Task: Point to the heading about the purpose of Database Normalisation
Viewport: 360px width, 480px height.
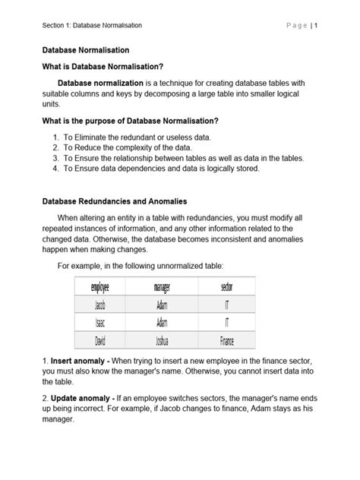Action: pos(130,122)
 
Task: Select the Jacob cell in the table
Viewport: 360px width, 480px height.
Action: pos(100,305)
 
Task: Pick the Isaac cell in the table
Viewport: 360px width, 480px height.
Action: pos(100,323)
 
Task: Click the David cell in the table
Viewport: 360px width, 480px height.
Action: pos(100,340)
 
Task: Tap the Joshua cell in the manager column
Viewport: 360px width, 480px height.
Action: pos(162,340)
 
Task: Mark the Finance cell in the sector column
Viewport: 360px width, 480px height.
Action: pos(226,340)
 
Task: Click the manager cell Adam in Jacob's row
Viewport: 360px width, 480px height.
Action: pos(162,305)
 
